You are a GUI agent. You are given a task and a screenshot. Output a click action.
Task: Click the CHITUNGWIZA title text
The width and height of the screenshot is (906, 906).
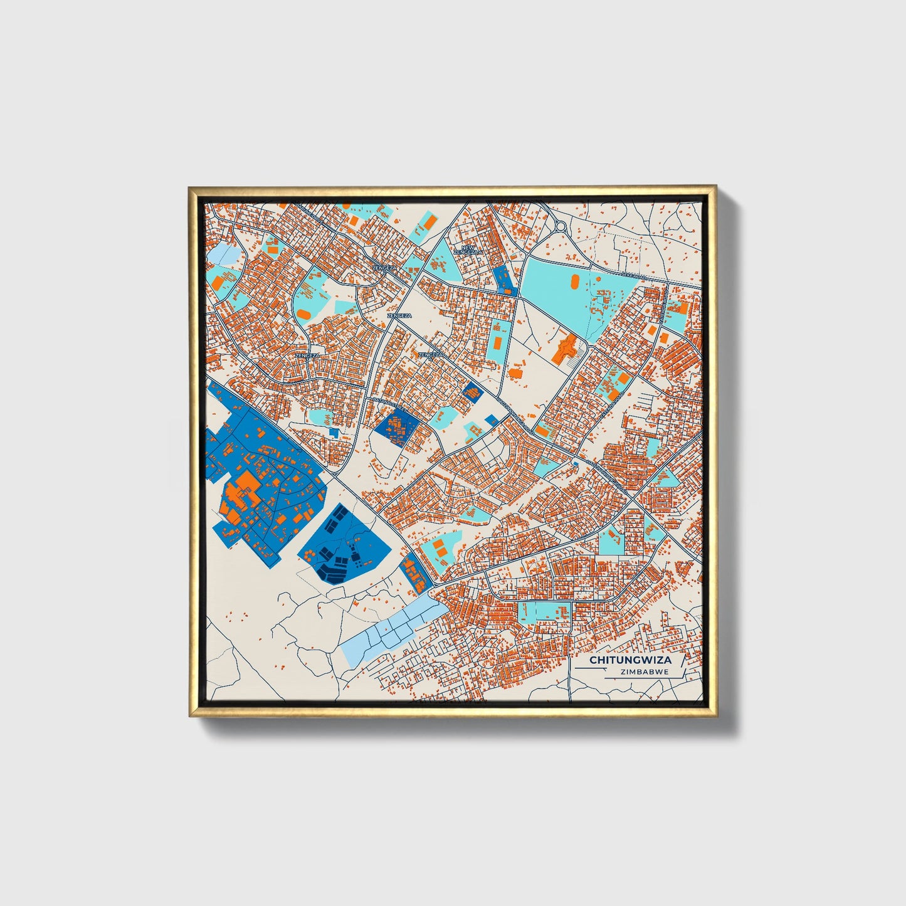click(x=621, y=660)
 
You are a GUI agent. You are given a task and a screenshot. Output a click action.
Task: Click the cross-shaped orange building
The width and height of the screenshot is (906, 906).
click(x=566, y=347)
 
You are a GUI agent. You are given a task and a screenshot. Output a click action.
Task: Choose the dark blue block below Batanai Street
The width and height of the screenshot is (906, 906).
click(x=396, y=428)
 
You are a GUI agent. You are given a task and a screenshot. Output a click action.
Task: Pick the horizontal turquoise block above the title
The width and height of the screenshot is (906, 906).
click(x=545, y=611)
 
